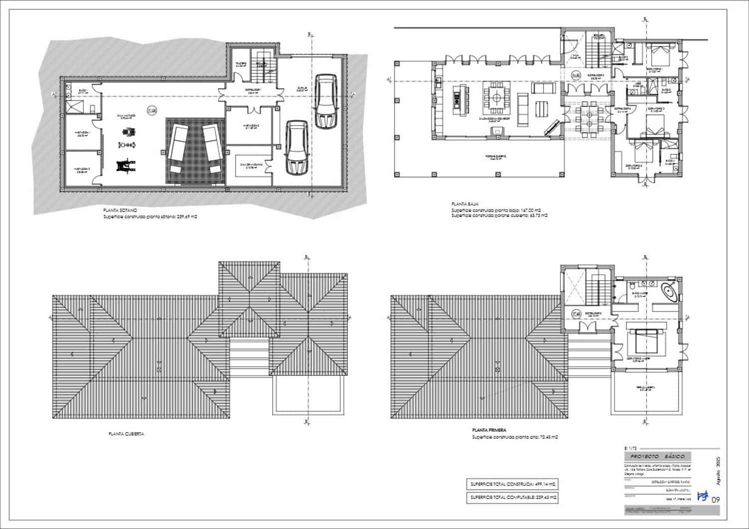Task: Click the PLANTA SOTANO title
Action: (117, 211)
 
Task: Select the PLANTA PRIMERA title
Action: (489, 430)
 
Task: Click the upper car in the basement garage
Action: (326, 101)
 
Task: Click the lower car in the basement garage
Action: (296, 147)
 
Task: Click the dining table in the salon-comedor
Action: (495, 98)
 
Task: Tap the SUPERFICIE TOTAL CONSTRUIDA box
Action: (512, 484)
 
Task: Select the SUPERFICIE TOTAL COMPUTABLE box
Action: (512, 497)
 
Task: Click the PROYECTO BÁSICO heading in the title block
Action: (658, 457)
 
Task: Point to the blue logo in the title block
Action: (703, 497)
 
